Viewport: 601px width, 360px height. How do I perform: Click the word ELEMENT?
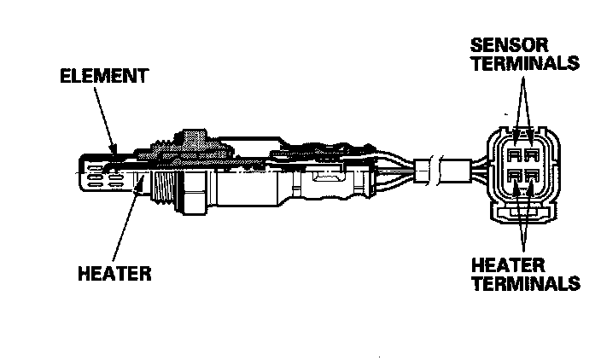(x=103, y=75)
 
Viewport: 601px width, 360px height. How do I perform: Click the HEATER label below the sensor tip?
(x=114, y=274)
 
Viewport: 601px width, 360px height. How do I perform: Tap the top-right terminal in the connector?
(x=534, y=155)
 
